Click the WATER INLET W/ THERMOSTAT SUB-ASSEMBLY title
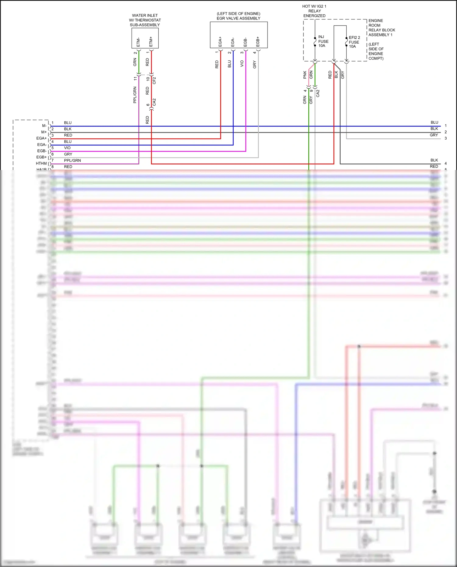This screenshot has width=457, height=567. point(145,20)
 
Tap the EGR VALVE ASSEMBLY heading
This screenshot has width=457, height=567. point(238,18)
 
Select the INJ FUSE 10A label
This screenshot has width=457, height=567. point(323,41)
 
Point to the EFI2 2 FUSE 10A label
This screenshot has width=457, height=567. point(354,42)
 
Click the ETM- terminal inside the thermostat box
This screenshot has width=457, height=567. point(138,42)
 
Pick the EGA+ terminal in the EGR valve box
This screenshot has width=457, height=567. point(220,42)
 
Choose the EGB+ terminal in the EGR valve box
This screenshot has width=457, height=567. point(258,42)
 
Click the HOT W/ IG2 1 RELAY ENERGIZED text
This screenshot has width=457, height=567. point(314,11)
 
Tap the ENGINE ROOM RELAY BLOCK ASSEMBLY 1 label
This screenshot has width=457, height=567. point(381,28)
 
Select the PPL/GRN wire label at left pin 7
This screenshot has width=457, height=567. point(72,161)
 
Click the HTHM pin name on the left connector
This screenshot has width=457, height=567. point(41,164)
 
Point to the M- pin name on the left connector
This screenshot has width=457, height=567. point(44,126)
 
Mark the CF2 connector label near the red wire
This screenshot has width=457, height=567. point(154,80)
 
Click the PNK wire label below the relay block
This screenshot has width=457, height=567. point(305,75)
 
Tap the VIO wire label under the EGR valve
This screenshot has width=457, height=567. point(242,64)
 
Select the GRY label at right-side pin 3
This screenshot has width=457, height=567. point(434,135)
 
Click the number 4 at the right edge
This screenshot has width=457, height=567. point(445,164)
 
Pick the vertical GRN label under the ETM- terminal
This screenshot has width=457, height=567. point(135,62)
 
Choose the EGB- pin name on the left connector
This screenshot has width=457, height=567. point(42,151)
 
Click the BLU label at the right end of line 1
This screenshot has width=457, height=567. point(434,122)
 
